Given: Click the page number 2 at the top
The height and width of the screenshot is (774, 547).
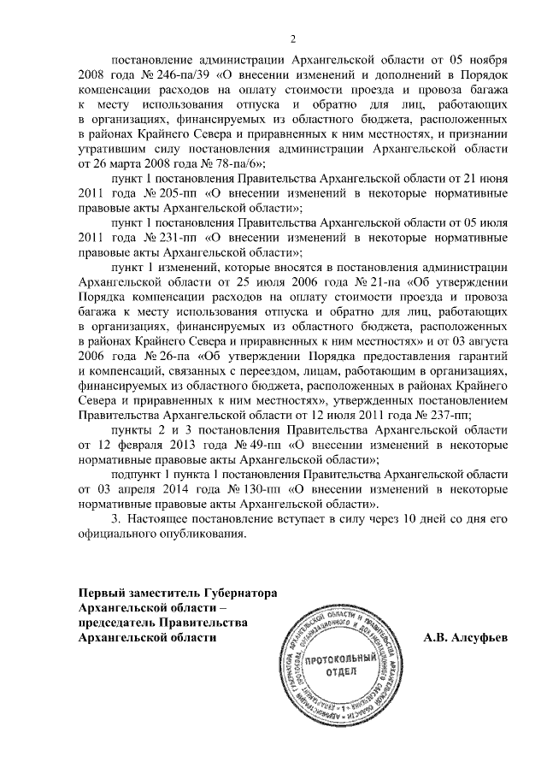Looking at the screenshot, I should point(292,38).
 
